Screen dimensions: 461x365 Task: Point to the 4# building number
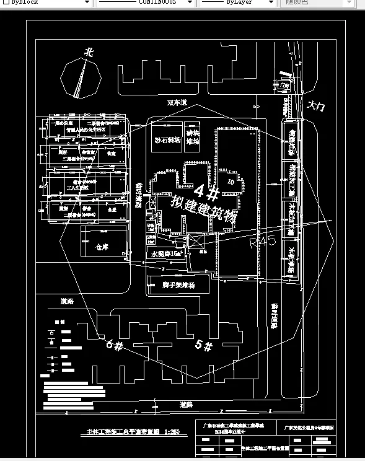pos(207,193)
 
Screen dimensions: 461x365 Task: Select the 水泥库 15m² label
pos(168,254)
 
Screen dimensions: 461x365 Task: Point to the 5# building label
pos(204,345)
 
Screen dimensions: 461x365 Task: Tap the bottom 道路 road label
pos(185,404)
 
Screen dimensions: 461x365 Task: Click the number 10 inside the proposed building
pos(231,182)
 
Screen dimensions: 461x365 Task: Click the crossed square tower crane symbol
pos(195,240)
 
